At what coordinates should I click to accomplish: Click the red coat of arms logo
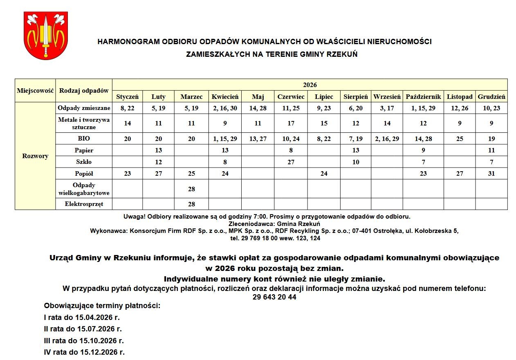46,35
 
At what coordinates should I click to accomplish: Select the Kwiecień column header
225,97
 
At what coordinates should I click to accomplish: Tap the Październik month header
423,97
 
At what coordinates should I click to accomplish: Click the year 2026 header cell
310,85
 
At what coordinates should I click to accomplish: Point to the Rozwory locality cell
35,156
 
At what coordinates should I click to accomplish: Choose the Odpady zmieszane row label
84,108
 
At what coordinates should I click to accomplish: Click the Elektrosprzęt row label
84,204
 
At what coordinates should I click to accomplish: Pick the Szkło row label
84,162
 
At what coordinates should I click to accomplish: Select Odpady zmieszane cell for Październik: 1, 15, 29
423,108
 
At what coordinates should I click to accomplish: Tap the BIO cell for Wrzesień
387,139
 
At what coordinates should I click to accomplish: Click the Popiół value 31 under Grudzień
491,174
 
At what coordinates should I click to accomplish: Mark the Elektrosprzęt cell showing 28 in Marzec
191,204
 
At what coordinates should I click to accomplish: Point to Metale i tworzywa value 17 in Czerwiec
291,123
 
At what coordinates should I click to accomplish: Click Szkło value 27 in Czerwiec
291,162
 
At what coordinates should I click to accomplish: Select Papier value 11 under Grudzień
491,150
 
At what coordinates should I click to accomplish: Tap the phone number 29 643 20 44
274,297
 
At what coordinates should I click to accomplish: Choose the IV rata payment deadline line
84,352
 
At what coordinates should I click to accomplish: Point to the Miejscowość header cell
35,91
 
